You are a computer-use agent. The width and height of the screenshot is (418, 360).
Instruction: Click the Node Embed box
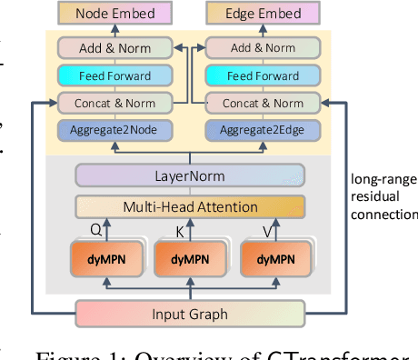pos(114,14)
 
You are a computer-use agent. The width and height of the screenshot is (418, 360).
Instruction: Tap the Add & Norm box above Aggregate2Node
pos(114,46)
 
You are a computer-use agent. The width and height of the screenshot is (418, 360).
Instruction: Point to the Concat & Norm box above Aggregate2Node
pos(114,103)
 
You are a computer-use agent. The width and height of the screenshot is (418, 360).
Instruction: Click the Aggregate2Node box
pos(114,130)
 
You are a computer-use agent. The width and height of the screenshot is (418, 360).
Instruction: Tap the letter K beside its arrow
pos(178,231)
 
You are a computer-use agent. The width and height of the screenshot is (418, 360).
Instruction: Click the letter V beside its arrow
pos(265,230)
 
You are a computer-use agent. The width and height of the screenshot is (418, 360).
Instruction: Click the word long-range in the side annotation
pos(383,180)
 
